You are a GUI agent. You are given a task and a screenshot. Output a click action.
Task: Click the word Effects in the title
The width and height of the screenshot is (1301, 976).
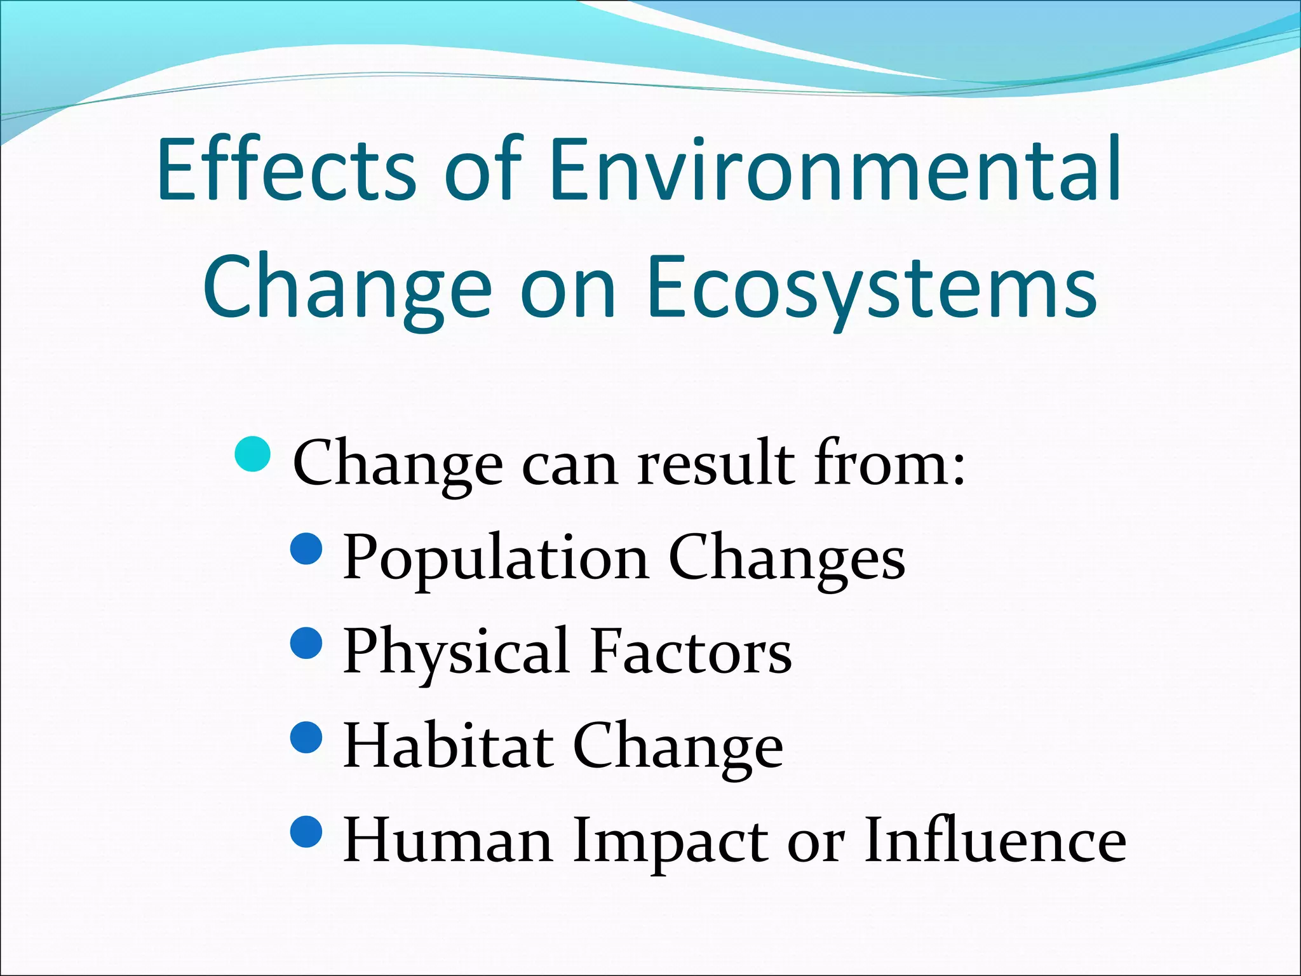[x=286, y=170]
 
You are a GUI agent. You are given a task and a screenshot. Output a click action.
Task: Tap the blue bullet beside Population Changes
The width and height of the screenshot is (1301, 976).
[x=307, y=549]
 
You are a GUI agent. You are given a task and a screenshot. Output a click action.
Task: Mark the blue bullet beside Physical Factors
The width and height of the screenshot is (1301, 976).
[x=307, y=643]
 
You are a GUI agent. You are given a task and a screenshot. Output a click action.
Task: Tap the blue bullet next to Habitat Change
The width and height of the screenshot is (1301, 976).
[x=307, y=737]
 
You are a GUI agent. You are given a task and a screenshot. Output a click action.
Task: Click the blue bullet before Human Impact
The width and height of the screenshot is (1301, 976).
[x=307, y=831]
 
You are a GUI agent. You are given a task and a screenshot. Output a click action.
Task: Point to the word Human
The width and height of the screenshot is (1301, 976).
[x=447, y=841]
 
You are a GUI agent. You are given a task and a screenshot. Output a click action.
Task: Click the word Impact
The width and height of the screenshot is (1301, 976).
[x=670, y=841]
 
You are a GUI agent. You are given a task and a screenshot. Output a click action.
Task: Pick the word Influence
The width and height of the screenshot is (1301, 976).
[x=995, y=841]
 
